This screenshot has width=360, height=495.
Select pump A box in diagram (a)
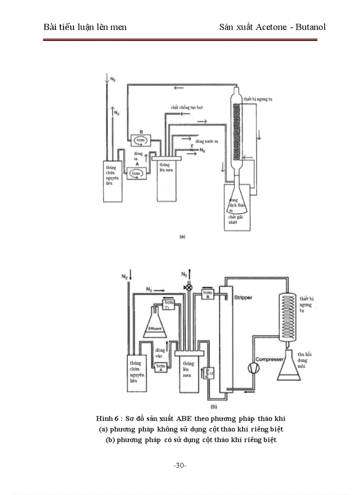click(136, 173)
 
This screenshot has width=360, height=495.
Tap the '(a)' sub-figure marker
click(181, 236)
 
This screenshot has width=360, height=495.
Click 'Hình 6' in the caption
click(107, 418)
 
